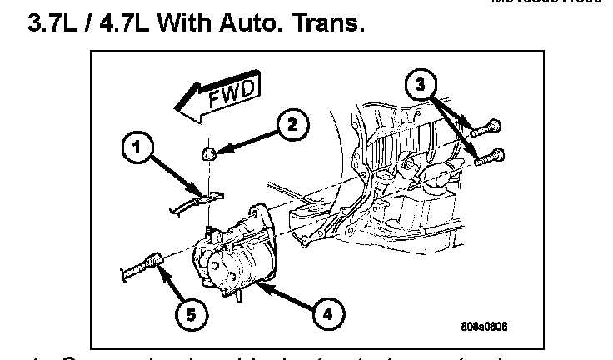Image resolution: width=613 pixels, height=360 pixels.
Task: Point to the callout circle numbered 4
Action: click(x=326, y=313)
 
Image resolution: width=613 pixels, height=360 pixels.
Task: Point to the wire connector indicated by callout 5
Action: click(x=152, y=263)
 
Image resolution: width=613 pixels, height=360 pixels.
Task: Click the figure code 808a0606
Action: click(x=485, y=325)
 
